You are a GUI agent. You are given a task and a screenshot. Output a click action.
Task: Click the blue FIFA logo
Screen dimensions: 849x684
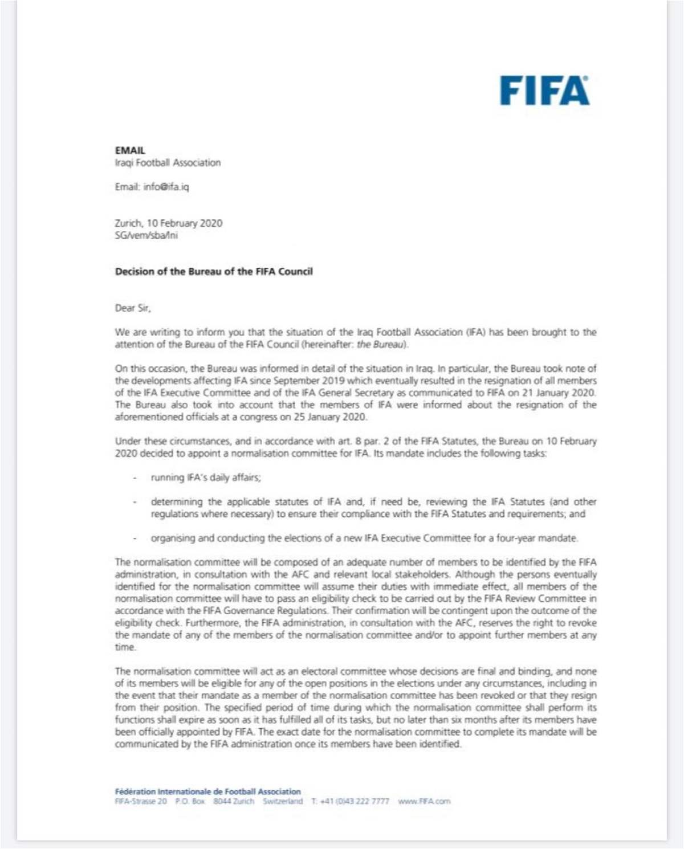[x=544, y=91]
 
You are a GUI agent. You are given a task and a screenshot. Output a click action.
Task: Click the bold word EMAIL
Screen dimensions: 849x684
[x=130, y=150]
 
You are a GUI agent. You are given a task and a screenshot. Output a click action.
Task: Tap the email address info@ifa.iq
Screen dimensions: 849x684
[x=166, y=187]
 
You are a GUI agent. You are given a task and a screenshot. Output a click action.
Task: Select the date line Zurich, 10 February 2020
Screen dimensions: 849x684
[x=169, y=223]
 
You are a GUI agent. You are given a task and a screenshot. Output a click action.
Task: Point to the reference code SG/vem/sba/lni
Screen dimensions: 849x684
[x=146, y=235]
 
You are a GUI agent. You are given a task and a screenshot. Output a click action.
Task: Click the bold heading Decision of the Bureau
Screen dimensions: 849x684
[x=214, y=272]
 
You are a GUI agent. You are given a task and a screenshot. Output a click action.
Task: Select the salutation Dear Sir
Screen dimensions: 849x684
[x=133, y=308]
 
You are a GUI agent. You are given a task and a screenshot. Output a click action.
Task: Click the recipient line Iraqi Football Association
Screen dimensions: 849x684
[x=168, y=163]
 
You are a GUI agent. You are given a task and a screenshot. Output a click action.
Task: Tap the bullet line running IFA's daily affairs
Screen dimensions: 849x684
[x=206, y=477]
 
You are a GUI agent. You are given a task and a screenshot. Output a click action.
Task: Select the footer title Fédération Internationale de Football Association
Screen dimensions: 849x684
[x=207, y=791]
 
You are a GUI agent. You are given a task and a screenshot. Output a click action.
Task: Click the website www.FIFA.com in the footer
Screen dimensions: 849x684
[x=424, y=802]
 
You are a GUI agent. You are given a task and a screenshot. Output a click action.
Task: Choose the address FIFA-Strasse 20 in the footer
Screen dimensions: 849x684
[x=141, y=802]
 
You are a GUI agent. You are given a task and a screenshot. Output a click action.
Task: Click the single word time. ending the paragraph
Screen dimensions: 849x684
[x=125, y=647]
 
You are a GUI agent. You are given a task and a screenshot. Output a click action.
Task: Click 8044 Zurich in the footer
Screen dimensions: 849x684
[x=234, y=802]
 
